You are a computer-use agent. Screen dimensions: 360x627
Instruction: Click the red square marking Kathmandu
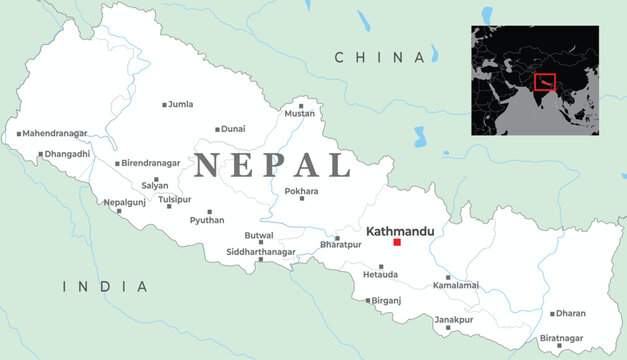397,242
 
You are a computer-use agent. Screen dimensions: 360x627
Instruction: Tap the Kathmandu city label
400,231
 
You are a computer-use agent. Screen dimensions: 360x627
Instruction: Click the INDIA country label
105,287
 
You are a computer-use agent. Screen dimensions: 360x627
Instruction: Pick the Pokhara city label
301,190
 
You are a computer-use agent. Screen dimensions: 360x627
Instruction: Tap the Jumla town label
181,103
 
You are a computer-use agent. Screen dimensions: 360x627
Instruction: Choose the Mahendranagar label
55,132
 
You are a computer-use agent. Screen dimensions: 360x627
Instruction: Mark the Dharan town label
571,313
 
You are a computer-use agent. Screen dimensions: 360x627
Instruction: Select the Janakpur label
454,319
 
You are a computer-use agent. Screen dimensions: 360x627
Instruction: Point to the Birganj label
386,300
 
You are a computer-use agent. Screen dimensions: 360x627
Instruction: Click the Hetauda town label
380,273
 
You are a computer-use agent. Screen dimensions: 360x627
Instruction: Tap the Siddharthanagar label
263,251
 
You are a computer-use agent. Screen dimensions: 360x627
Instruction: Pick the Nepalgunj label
124,202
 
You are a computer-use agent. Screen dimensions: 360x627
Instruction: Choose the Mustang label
300,114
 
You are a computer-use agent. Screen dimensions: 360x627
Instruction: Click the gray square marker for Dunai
217,129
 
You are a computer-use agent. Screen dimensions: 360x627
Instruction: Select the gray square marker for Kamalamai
448,277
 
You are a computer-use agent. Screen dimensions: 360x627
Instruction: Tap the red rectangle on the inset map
545,82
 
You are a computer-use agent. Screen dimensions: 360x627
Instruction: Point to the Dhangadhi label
67,154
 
